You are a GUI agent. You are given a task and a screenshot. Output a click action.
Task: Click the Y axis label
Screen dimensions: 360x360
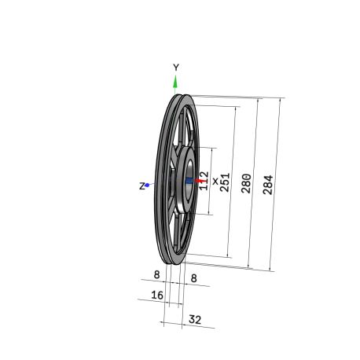[176, 68]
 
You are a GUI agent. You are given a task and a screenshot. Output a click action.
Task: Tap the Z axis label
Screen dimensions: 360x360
[141, 186]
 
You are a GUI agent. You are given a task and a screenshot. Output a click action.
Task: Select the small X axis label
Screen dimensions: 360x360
[215, 181]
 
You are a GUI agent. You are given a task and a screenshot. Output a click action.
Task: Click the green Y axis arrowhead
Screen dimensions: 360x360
[175, 82]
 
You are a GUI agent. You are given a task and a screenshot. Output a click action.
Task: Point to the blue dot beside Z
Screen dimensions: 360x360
[147, 185]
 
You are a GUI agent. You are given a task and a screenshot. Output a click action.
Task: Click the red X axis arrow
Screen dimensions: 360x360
[200, 181]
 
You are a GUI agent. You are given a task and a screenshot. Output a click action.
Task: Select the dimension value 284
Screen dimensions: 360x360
[268, 185]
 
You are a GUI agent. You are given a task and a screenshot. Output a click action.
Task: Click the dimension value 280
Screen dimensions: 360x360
[246, 183]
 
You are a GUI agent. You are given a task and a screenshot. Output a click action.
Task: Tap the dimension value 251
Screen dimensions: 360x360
[225, 182]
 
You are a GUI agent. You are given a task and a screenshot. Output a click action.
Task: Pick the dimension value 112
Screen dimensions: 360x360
[204, 181]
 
